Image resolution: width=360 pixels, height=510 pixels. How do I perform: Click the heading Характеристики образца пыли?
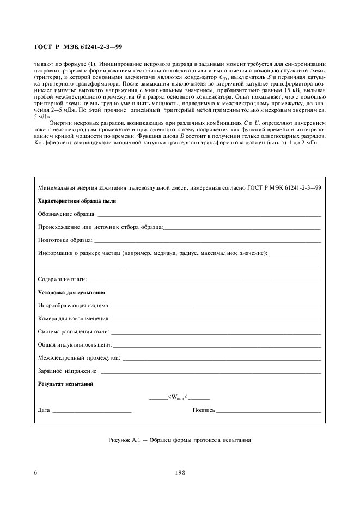click(x=76, y=201)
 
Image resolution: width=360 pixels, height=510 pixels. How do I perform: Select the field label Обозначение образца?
click(x=66, y=214)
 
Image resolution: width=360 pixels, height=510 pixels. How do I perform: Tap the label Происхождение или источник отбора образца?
click(x=100, y=227)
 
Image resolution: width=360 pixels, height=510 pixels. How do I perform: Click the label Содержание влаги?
click(x=62, y=279)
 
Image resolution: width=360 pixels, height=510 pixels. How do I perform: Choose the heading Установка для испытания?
click(x=71, y=293)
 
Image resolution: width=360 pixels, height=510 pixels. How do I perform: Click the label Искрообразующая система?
click(x=74, y=306)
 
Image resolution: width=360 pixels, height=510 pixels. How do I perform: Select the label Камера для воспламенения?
click(x=74, y=319)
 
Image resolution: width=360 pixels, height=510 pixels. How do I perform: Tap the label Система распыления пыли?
click(x=73, y=332)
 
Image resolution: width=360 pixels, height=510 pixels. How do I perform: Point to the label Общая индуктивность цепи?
click(x=75, y=345)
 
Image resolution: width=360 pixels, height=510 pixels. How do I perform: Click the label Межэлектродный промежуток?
click(x=78, y=358)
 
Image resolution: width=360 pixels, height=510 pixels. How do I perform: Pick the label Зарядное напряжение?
click(x=68, y=371)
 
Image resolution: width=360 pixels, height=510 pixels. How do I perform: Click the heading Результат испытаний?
click(x=65, y=384)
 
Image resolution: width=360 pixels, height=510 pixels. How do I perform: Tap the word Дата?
click(x=44, y=410)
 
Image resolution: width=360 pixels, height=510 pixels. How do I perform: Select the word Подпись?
click(x=204, y=410)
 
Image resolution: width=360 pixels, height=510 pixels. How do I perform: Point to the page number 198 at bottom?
click(x=180, y=472)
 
